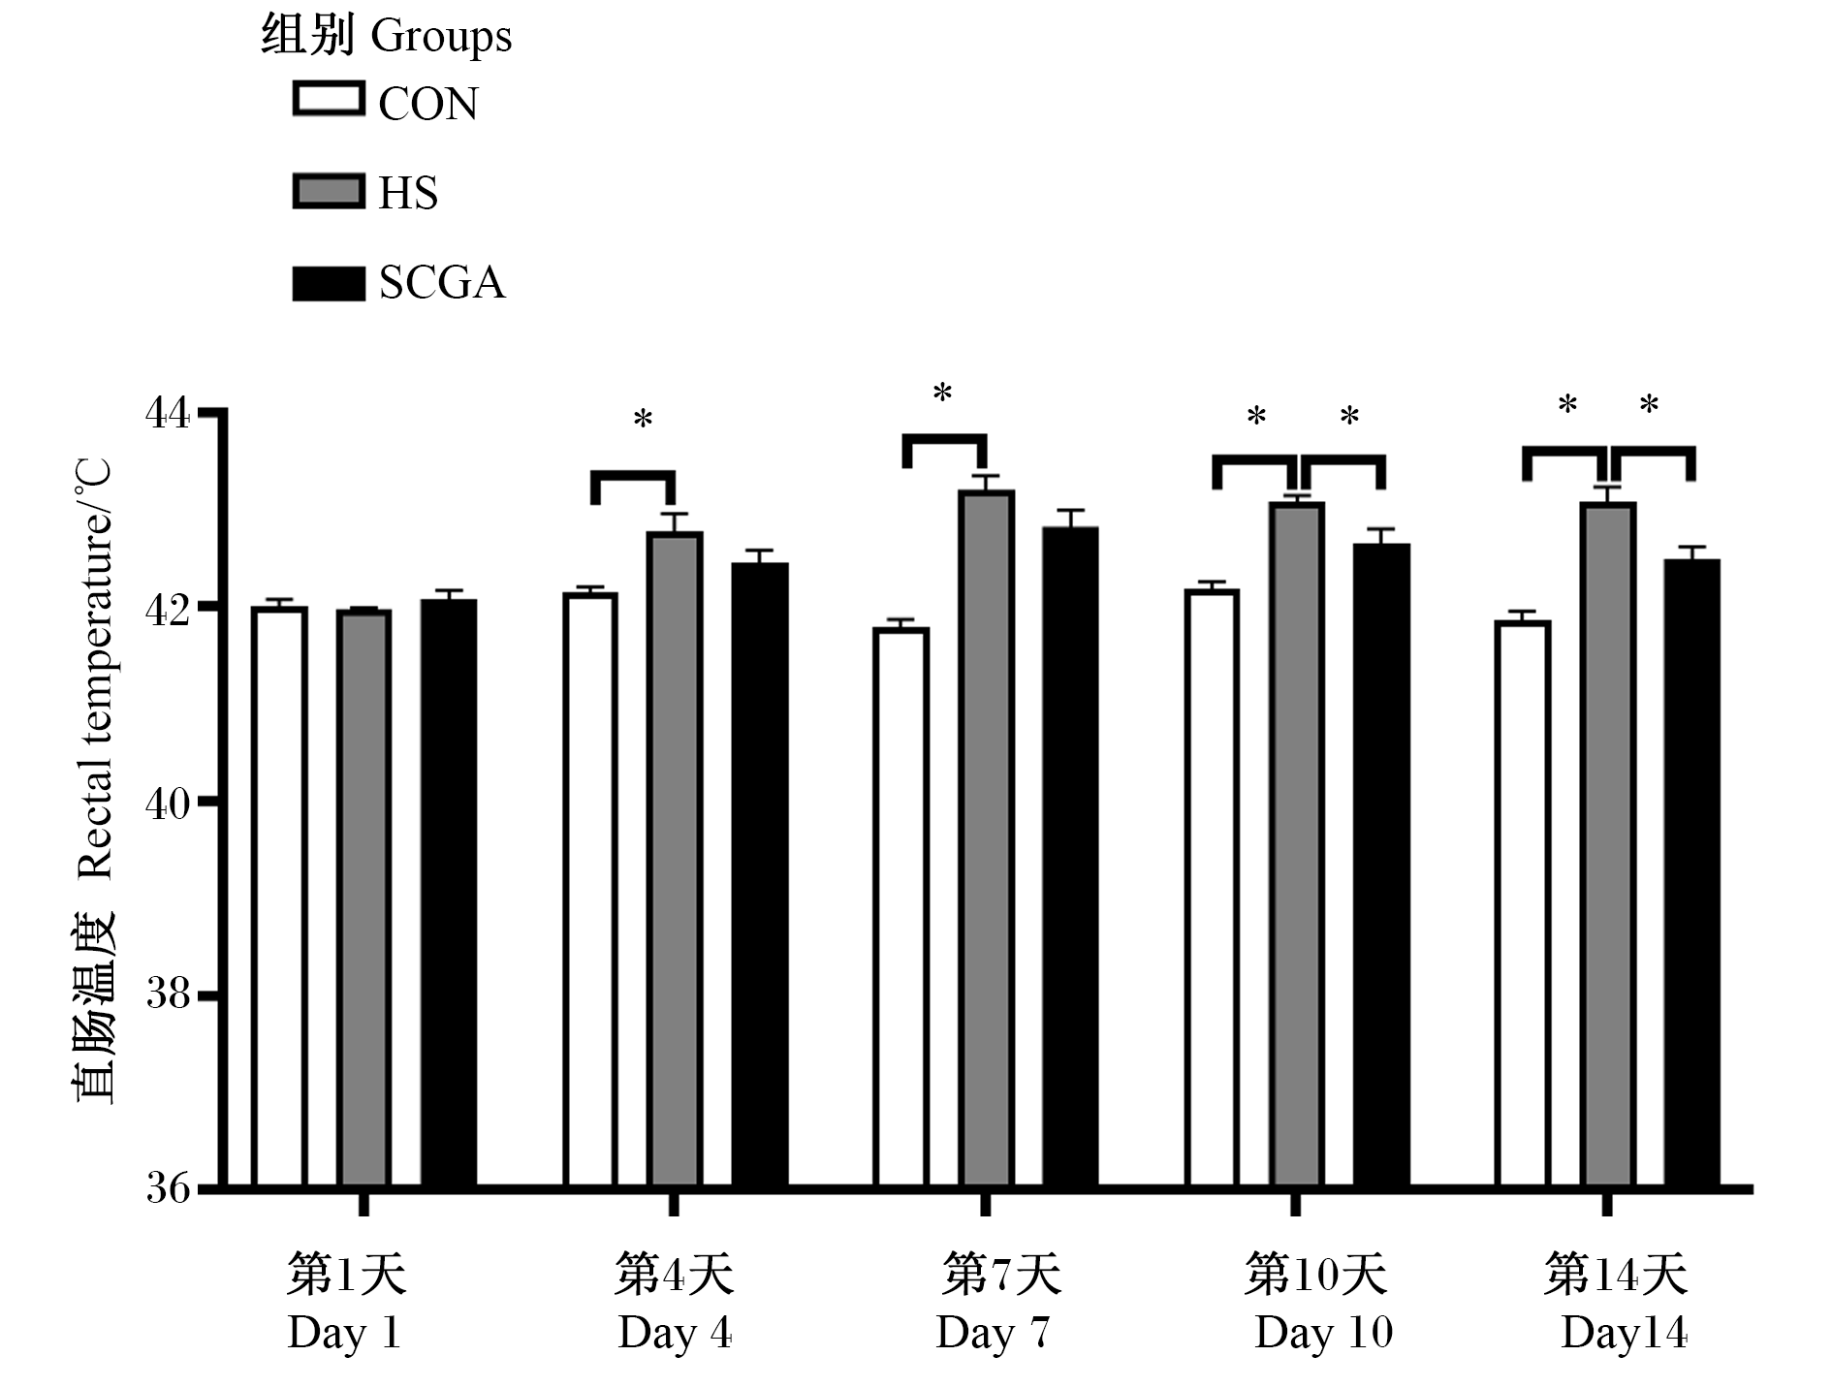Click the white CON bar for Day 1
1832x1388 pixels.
click(279, 897)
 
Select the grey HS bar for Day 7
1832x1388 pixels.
click(987, 838)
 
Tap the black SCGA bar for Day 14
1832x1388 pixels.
click(1691, 873)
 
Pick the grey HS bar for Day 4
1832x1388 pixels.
click(675, 859)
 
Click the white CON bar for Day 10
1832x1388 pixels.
click(1212, 888)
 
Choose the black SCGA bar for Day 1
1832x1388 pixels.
click(449, 893)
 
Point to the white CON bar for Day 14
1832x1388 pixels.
click(1522, 903)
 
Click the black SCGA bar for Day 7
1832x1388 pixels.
click(1070, 857)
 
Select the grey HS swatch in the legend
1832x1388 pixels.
click(329, 192)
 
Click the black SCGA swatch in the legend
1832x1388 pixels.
click(329, 283)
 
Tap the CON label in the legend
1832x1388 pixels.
click(427, 104)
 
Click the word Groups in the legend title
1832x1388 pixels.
click(440, 38)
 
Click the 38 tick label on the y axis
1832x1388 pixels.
click(169, 994)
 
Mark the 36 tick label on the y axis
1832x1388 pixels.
click(169, 1187)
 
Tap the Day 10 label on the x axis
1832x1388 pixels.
click(1323, 1333)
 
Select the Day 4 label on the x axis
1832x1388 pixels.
click(675, 1333)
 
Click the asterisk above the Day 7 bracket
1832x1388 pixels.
click(942, 394)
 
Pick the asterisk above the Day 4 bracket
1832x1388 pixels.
click(643, 420)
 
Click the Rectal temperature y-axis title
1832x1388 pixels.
click(95, 670)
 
